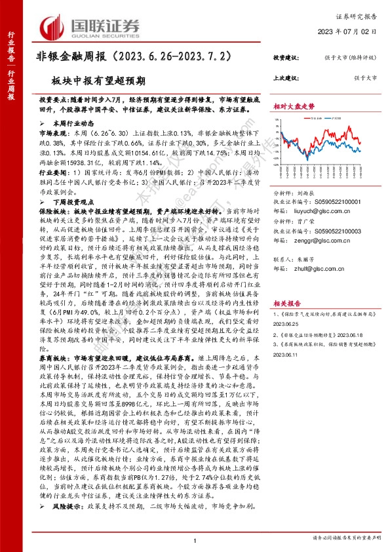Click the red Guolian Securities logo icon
54,26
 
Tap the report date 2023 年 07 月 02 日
351,31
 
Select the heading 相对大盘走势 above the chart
294,106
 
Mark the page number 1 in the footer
195,539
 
